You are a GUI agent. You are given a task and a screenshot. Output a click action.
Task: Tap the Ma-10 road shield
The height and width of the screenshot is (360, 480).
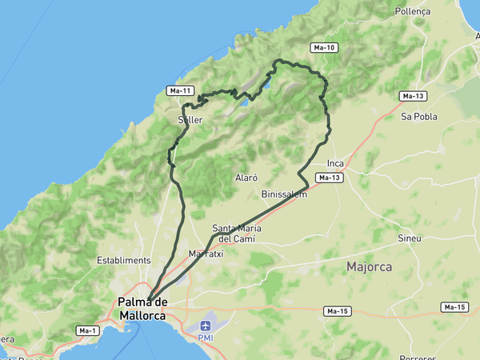click(326, 48)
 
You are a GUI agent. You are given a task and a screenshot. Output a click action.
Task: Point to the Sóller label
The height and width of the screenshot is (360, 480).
click(190, 120)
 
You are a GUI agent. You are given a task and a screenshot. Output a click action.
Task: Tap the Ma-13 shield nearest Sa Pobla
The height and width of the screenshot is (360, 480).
click(413, 97)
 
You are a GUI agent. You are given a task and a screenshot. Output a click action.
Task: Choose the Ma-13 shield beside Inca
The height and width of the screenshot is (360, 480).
click(330, 178)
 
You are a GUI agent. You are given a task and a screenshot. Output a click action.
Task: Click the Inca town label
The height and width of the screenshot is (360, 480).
click(334, 164)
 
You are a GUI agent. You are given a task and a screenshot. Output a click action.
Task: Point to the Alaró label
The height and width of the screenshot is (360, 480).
click(246, 178)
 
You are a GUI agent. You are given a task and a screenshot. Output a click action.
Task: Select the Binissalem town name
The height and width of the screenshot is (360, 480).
click(284, 194)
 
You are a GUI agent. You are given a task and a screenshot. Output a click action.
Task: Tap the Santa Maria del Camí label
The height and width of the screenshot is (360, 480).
click(238, 233)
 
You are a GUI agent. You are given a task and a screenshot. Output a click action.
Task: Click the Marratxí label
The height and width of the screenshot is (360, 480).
click(206, 254)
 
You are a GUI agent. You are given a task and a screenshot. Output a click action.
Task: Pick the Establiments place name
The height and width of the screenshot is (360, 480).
click(123, 261)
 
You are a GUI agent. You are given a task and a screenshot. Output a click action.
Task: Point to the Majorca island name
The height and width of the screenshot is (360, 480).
click(369, 266)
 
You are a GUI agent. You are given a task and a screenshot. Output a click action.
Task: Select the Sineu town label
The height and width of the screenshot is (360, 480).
click(410, 238)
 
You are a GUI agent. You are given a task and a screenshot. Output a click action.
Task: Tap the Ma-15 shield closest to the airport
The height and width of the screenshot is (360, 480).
click(337, 310)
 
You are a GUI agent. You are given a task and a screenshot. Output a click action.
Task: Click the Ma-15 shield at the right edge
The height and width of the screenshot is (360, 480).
click(454, 307)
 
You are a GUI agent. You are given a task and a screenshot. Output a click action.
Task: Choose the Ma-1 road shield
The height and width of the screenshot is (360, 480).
click(87, 330)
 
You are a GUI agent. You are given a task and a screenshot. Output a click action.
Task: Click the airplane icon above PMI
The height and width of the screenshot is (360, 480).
click(206, 326)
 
